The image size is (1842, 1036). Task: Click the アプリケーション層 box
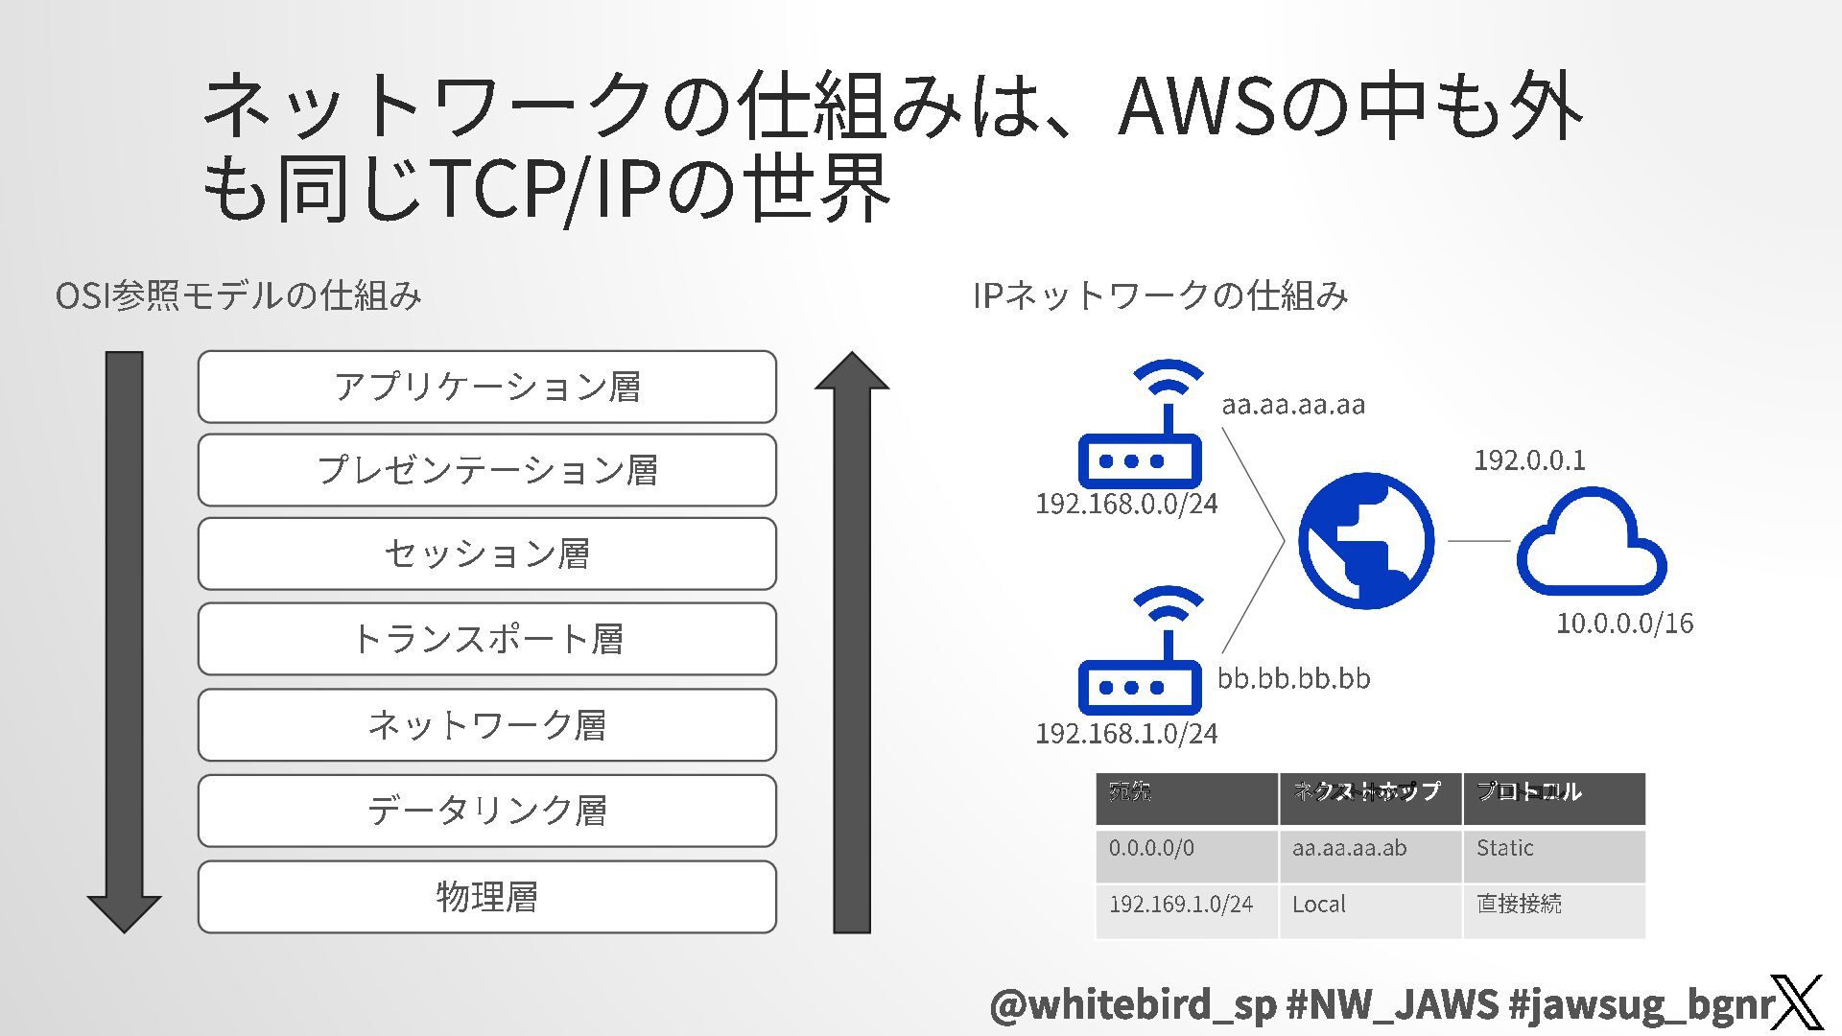click(486, 387)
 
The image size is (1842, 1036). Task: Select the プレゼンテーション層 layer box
click(486, 470)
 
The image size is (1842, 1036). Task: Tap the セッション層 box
click(486, 553)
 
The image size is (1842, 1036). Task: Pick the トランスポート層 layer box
click(486, 639)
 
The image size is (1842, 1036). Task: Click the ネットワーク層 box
click(486, 724)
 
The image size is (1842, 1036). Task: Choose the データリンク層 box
click(486, 811)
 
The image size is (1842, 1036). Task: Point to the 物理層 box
click(486, 897)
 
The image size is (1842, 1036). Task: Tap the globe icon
click(1366, 540)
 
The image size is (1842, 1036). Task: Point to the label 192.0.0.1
click(1529, 460)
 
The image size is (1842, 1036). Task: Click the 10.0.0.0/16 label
click(1624, 624)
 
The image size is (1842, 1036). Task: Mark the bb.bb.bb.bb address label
click(1293, 679)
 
